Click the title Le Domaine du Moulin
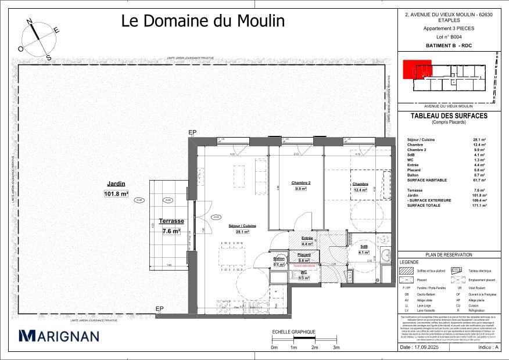coord(203,21)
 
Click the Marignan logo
coord(59,336)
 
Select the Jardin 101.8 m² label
coord(116,190)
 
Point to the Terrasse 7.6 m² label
coord(171,226)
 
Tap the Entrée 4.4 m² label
coord(307,241)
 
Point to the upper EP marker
coord(193,133)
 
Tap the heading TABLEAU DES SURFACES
coord(449,116)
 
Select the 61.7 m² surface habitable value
coord(481,181)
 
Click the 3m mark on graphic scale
coord(336,347)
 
